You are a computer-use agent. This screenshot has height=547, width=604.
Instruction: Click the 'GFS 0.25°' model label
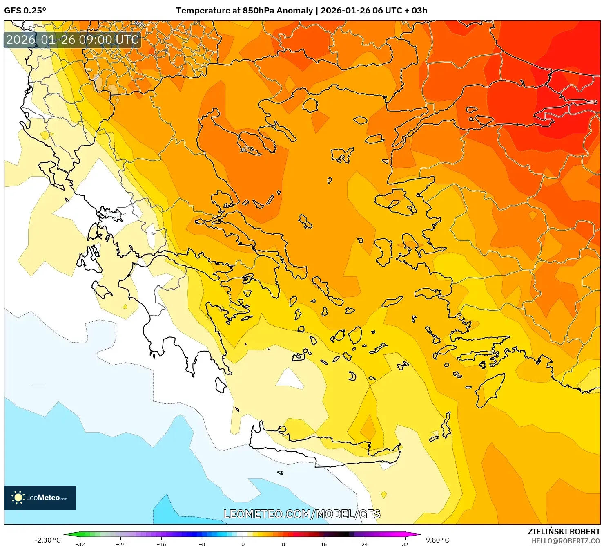click(x=25, y=11)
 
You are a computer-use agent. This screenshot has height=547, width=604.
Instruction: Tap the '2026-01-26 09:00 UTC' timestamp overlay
click(x=73, y=40)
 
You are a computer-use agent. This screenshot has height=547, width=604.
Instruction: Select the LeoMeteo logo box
click(x=40, y=498)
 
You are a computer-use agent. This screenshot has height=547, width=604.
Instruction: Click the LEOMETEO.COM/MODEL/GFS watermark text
click(x=302, y=514)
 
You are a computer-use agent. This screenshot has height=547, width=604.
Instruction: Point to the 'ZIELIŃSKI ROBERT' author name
click(x=564, y=531)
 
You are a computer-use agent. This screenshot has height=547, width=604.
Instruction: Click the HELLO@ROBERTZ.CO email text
click(x=566, y=541)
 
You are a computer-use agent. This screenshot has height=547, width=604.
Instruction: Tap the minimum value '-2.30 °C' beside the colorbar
click(x=47, y=540)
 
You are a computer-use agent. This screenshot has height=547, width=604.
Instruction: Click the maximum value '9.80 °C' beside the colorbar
click(x=437, y=540)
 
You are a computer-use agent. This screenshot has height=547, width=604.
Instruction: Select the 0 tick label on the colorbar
click(x=243, y=544)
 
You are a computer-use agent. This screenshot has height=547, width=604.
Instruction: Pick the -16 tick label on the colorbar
click(x=161, y=544)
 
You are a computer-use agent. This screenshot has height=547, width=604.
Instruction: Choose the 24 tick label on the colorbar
click(x=364, y=544)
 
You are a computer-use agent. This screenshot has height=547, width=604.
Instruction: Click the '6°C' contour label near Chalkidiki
click(x=247, y=149)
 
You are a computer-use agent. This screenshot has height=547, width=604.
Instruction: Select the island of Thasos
click(x=310, y=105)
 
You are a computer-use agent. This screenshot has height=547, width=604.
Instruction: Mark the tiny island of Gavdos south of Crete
click(x=280, y=473)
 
